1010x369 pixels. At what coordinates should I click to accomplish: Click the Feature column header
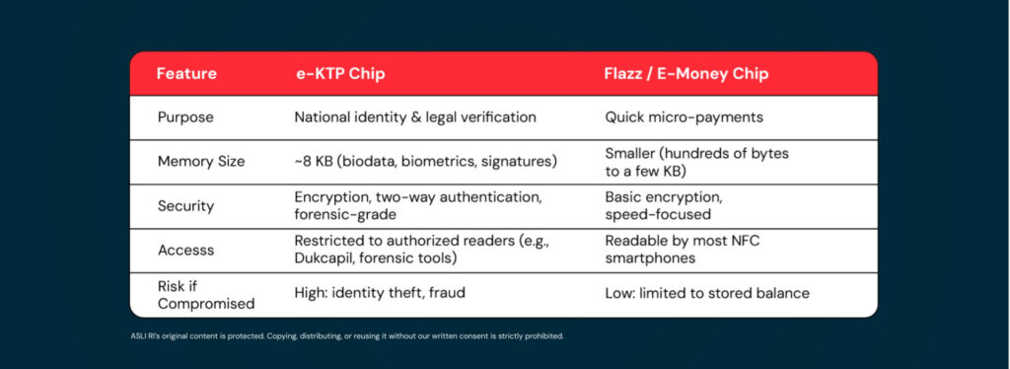pos(186,74)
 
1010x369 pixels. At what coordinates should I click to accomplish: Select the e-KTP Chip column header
pos(339,74)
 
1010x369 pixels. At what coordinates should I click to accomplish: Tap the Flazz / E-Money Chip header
pos(686,74)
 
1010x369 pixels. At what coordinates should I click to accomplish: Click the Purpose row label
pos(185,117)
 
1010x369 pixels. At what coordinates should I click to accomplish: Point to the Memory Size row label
pos(201,162)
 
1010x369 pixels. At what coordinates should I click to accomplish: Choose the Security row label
pos(186,206)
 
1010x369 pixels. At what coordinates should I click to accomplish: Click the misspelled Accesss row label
pos(185,250)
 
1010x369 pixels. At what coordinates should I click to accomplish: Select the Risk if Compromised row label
pos(206,294)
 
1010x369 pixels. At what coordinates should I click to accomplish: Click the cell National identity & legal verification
pos(415,117)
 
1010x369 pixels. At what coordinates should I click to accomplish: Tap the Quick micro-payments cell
pos(685,117)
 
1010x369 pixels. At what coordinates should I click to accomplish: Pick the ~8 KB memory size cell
pos(426,161)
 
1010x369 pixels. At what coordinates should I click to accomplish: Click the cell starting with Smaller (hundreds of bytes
pos(697,162)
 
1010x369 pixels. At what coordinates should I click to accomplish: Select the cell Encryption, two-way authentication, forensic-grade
pos(418,206)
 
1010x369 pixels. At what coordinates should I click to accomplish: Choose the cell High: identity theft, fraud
pos(380,293)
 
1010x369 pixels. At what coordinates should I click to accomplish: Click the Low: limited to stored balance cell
pos(707,294)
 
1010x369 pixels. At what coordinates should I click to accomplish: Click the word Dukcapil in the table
pos(322,258)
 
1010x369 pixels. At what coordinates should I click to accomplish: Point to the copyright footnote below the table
pos(347,335)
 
